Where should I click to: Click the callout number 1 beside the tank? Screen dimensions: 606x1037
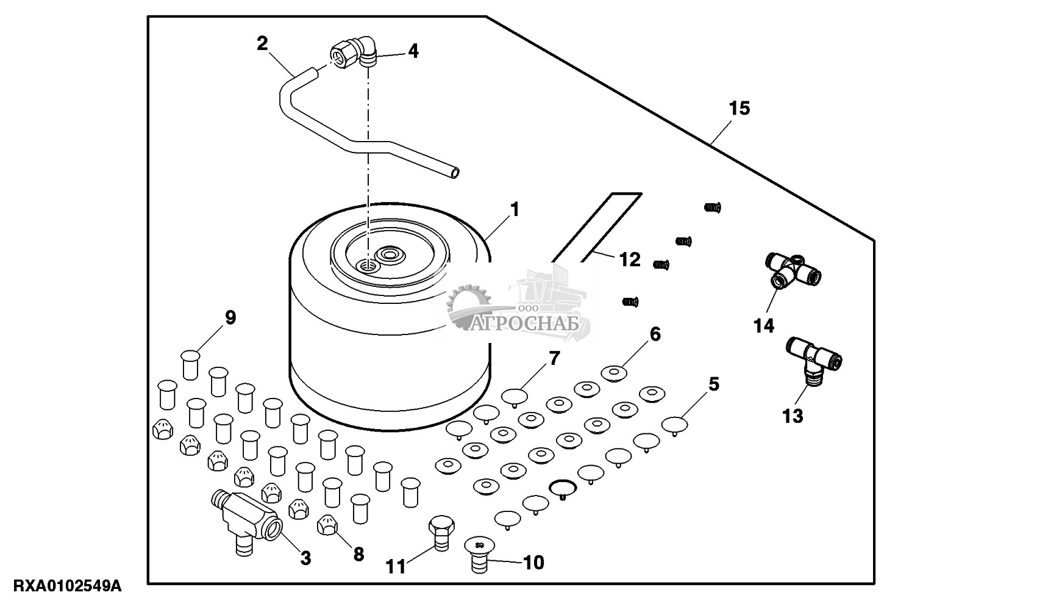[515, 211]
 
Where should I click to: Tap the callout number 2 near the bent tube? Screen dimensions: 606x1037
[262, 43]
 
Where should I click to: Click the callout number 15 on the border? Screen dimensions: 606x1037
[739, 109]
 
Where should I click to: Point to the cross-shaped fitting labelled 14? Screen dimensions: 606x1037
[793, 270]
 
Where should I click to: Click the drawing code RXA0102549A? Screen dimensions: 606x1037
[61, 587]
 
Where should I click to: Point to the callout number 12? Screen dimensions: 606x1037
[630, 260]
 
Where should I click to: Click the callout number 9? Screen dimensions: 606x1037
[230, 317]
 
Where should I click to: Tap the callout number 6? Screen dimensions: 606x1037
[655, 334]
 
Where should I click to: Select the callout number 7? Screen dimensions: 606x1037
[554, 358]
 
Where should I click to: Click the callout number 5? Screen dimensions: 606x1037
[714, 384]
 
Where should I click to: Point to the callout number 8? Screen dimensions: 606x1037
[358, 554]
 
